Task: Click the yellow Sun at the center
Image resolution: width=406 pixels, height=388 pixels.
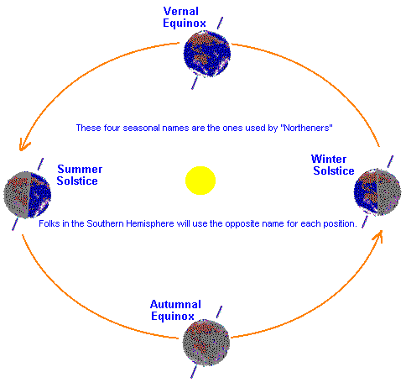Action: coord(200,181)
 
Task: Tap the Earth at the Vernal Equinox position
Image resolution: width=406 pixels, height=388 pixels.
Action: coord(207,54)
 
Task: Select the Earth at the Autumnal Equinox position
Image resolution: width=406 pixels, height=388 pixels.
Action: coord(206,343)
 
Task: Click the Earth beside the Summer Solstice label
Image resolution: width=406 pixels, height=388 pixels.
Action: coord(28,195)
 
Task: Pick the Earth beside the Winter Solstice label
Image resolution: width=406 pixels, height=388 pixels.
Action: coord(377,192)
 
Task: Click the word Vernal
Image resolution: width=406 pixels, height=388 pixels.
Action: coord(181,11)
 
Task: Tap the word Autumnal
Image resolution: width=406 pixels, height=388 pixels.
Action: coord(175,304)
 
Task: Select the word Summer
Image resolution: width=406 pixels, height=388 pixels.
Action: coord(80,169)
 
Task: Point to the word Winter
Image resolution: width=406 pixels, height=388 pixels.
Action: coord(329,159)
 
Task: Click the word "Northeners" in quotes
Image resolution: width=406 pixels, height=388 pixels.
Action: coord(306,128)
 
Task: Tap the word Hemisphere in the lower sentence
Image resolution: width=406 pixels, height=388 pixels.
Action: coord(150,223)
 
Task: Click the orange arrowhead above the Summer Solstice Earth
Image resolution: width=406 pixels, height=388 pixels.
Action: coord(23,145)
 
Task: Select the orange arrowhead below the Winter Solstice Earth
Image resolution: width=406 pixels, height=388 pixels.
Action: coord(378,237)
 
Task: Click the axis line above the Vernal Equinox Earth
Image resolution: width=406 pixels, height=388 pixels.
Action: coord(221,23)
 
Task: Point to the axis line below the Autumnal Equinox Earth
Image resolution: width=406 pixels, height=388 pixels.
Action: coord(194,372)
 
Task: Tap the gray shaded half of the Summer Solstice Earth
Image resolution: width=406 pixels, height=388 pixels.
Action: coord(16,195)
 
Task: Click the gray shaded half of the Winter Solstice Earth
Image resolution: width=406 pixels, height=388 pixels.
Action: coord(389,192)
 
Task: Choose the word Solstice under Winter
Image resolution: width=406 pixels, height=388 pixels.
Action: coord(334,170)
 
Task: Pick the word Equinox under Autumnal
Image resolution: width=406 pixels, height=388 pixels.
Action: coord(173,317)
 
